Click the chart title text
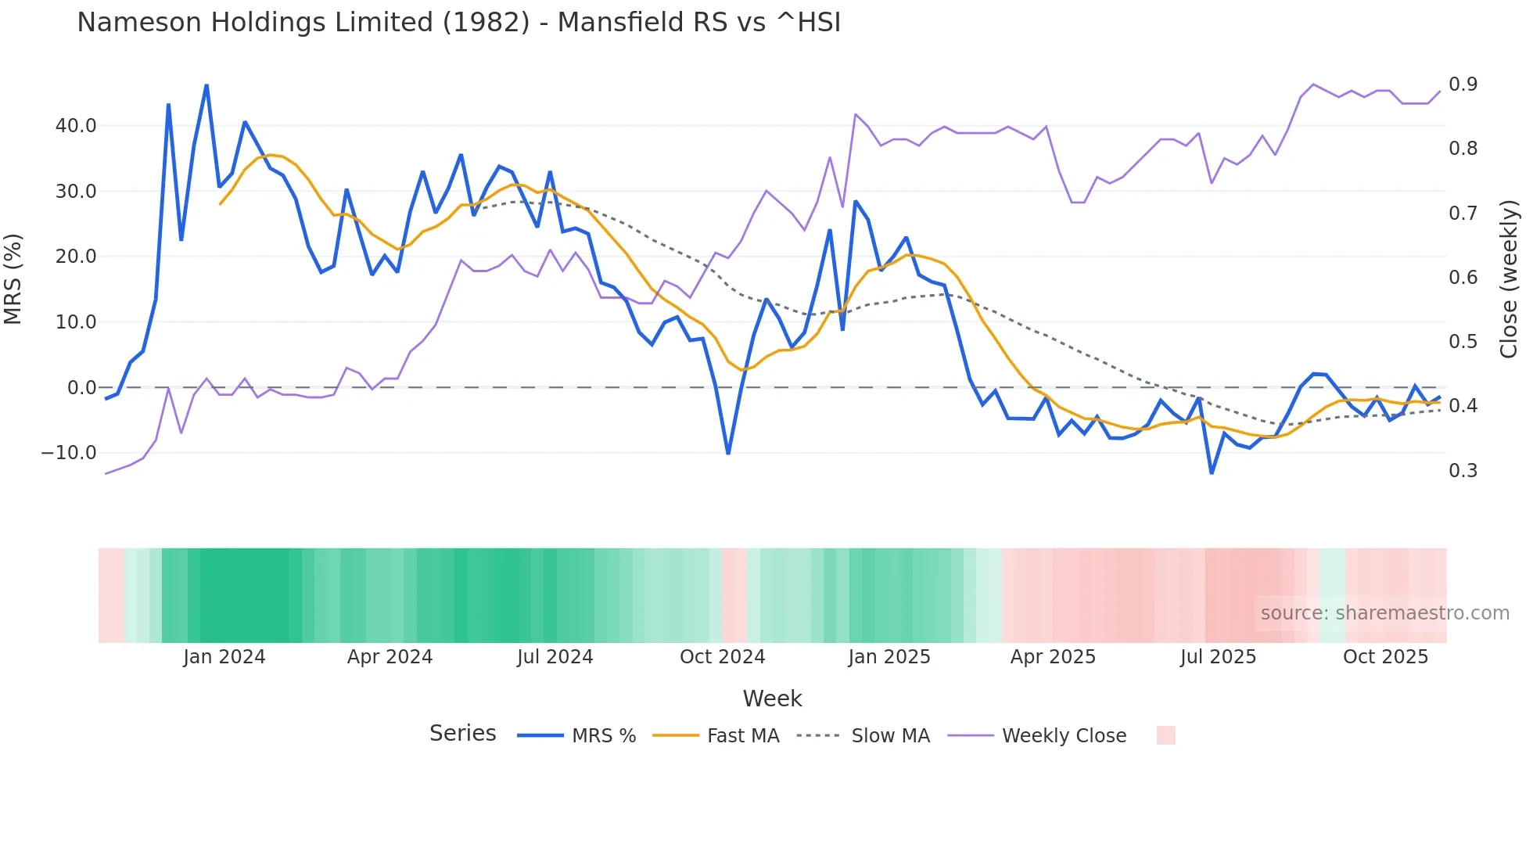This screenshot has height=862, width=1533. click(458, 23)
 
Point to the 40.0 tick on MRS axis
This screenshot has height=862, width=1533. click(76, 126)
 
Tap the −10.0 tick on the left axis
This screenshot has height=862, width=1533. click(69, 453)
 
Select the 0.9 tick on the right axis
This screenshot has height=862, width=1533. click(1463, 84)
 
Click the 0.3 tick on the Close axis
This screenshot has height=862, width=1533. click(1463, 471)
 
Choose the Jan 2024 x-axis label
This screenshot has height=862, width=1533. click(224, 657)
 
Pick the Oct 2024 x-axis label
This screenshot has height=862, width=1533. click(722, 657)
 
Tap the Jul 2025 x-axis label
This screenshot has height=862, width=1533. click(1218, 657)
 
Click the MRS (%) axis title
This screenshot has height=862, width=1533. click(13, 279)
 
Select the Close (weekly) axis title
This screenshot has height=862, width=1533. click(1509, 279)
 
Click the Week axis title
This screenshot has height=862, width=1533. click(772, 699)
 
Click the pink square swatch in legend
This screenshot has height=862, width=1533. click(1165, 735)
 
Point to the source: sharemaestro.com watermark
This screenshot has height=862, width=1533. click(1384, 613)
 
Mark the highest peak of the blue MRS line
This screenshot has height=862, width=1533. click(206, 85)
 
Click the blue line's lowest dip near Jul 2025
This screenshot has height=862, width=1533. click(1212, 472)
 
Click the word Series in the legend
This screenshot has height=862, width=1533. click(462, 734)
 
